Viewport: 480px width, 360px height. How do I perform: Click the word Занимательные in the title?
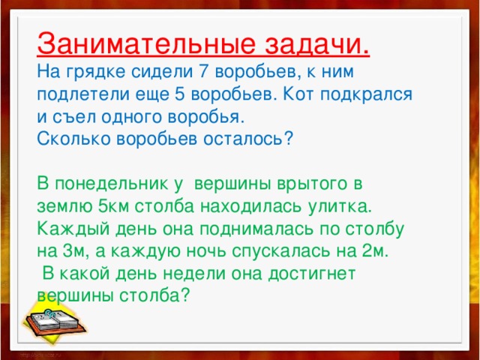[139, 43]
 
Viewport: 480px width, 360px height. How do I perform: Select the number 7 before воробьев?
[203, 73]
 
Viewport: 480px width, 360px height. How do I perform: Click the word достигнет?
[316, 272]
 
